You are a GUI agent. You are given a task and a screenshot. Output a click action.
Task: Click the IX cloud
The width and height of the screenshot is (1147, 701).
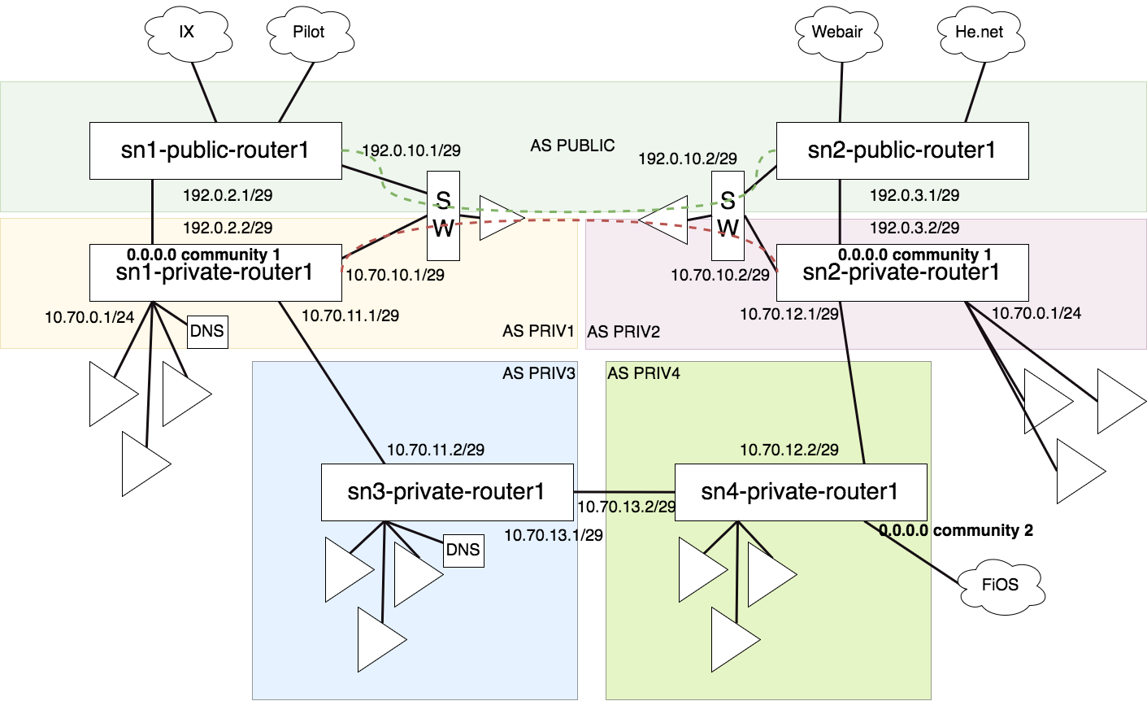point(187,32)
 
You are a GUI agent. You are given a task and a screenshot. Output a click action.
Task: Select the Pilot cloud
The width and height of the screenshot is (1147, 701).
point(308,32)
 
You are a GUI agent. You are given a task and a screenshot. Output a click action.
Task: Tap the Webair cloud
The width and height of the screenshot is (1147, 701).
point(837,32)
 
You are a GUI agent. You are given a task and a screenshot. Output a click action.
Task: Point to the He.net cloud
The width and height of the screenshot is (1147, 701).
point(979,32)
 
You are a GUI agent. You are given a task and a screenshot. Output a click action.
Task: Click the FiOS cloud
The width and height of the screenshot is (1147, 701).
point(1000,585)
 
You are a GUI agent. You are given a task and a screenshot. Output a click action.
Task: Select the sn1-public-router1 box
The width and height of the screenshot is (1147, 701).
point(215,150)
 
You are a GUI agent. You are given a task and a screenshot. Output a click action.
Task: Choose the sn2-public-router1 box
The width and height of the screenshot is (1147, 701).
point(902,150)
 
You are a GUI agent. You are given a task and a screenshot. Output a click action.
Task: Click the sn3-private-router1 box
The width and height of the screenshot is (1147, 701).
point(446,492)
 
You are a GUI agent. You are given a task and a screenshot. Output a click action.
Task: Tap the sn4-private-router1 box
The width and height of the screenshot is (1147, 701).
point(800,492)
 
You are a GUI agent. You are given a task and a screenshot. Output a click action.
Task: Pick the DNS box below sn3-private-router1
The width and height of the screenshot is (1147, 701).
point(463,550)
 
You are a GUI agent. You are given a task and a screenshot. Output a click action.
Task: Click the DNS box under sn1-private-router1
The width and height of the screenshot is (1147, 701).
point(207,331)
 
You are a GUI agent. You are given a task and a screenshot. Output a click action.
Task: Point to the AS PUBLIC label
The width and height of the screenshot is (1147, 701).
point(572,146)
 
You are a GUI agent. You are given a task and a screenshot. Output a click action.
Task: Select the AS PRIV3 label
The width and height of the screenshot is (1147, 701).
point(539,373)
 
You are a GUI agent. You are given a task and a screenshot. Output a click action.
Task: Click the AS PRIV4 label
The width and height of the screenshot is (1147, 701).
point(644,373)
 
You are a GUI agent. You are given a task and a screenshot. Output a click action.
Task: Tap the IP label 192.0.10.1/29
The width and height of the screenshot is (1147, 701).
point(411,150)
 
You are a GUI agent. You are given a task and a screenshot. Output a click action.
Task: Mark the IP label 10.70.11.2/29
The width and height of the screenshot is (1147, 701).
point(436,450)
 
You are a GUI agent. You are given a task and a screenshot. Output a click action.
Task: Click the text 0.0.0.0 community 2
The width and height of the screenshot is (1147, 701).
point(956,531)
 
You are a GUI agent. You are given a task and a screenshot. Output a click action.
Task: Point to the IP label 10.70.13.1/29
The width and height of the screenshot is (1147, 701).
point(554,535)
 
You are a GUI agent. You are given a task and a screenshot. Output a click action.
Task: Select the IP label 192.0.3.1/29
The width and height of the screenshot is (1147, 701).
point(915,195)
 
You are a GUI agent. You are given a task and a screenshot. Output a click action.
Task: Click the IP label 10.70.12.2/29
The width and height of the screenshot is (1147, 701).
point(789,450)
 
